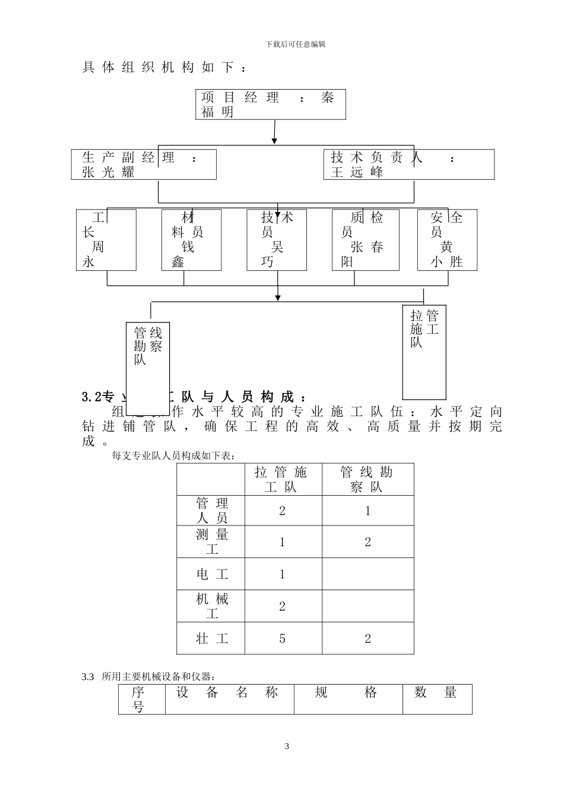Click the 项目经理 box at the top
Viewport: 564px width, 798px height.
(x=271, y=104)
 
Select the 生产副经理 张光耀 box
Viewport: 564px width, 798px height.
(x=143, y=164)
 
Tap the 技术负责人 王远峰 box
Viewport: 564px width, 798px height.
(x=412, y=164)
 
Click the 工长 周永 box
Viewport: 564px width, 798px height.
(x=106, y=240)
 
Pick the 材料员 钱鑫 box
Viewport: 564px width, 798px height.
(x=191, y=240)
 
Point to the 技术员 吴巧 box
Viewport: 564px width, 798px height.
(x=277, y=240)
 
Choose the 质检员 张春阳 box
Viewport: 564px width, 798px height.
(x=365, y=240)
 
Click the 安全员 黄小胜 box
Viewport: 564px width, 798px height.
(x=447, y=240)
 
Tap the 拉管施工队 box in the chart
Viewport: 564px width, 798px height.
(x=424, y=352)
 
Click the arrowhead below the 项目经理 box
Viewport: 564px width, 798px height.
(x=274, y=140)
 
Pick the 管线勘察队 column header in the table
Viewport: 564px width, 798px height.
(x=367, y=480)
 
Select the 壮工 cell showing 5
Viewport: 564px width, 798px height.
(x=283, y=639)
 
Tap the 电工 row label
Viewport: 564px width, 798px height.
(x=211, y=574)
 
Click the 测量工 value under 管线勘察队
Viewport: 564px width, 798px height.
(x=367, y=542)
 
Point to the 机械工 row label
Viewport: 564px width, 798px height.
(x=211, y=606)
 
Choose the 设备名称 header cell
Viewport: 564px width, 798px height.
(x=229, y=692)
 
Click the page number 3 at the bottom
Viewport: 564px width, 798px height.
(x=287, y=746)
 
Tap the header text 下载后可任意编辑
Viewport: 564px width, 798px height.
(x=296, y=44)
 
